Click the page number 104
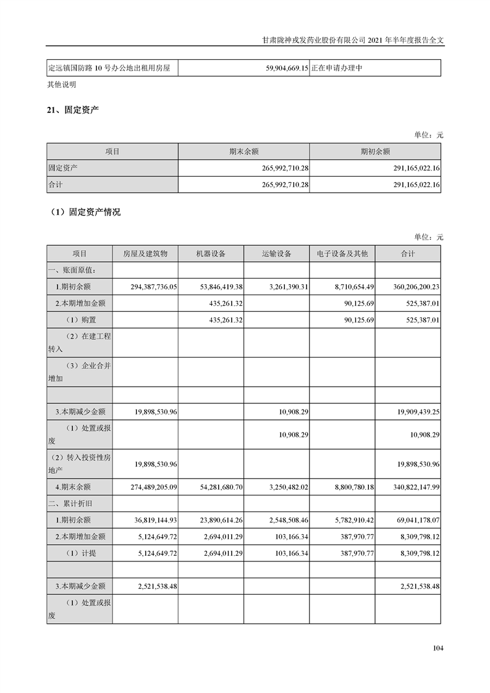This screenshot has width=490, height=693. point(438,648)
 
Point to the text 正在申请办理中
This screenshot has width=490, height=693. point(337,68)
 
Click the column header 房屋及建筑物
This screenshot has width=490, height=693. point(145,254)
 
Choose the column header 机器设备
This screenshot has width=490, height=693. point(211,254)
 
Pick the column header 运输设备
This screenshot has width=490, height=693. point(276,254)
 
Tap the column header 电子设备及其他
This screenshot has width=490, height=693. point(342,254)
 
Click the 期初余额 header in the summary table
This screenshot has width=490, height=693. point(375,151)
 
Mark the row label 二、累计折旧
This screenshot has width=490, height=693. point(70,503)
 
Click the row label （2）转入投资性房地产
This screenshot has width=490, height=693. point(79,464)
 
